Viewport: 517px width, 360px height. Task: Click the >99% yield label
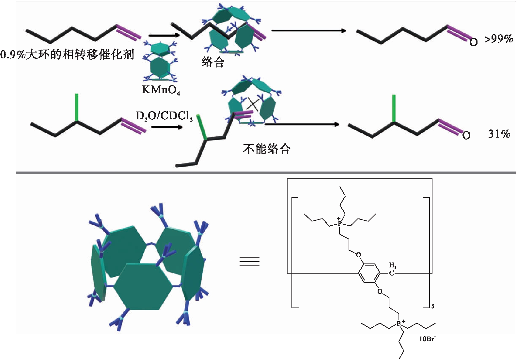click(x=498, y=39)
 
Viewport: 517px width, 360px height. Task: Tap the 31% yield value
click(x=499, y=134)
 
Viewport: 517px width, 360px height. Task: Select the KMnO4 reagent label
click(x=161, y=90)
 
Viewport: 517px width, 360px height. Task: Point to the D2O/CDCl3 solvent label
click(x=164, y=116)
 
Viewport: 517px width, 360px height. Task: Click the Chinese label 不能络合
click(x=267, y=149)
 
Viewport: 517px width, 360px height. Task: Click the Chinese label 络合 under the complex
click(x=213, y=62)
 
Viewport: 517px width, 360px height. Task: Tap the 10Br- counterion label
click(x=427, y=339)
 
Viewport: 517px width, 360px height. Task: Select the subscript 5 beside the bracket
click(x=433, y=306)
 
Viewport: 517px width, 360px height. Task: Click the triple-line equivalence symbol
click(x=249, y=262)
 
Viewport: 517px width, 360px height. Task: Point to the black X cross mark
click(x=252, y=104)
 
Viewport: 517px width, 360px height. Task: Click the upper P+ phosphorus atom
click(x=339, y=223)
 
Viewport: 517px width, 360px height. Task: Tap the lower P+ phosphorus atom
click(x=399, y=324)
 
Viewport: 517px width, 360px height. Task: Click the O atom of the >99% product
click(x=473, y=42)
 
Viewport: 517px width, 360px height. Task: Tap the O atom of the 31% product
click(x=466, y=135)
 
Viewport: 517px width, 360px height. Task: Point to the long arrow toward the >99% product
click(x=308, y=31)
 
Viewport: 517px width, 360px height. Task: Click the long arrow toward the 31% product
click(x=302, y=124)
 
